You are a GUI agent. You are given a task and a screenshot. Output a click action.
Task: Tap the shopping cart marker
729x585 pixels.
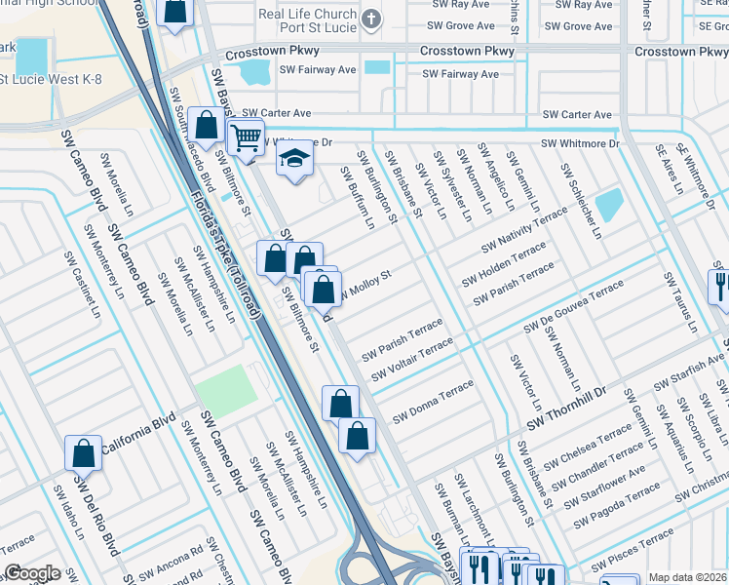tap(246, 137)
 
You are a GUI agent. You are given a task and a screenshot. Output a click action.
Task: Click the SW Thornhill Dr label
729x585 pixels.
tap(580, 407)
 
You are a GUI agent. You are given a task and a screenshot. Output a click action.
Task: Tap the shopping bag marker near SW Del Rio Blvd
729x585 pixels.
tap(83, 453)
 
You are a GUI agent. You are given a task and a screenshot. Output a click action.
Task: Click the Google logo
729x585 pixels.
tap(32, 573)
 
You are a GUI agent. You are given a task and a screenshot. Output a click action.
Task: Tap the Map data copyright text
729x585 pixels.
tap(687, 577)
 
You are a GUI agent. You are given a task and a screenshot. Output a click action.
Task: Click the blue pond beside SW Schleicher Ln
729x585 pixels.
tap(609, 204)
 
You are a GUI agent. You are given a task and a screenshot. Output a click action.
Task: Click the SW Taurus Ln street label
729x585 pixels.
tap(679, 302)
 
